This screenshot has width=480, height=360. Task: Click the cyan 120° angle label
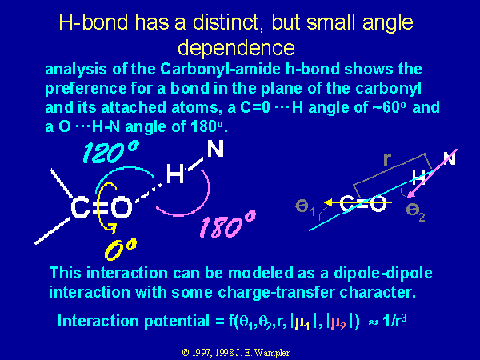(111, 152)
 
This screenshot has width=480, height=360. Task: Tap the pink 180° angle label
(227, 225)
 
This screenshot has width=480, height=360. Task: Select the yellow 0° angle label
(120, 250)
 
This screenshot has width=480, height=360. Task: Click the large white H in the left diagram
(175, 174)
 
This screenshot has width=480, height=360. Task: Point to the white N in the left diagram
(215, 149)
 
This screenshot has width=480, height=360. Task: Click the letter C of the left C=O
(81, 208)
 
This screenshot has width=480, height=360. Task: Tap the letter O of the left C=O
(122, 208)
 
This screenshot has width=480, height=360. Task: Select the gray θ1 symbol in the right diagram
(305, 207)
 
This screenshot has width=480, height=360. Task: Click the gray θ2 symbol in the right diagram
(415, 211)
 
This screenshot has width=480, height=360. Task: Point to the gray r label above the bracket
(387, 159)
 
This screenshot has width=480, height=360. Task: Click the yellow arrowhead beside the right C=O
(329, 202)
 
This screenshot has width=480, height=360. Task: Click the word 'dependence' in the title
(236, 48)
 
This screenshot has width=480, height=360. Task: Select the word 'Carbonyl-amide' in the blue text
(220, 70)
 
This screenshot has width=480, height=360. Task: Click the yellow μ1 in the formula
(302, 323)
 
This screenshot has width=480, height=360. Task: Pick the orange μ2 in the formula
(339, 323)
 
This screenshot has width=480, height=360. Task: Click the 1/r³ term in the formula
(394, 321)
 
